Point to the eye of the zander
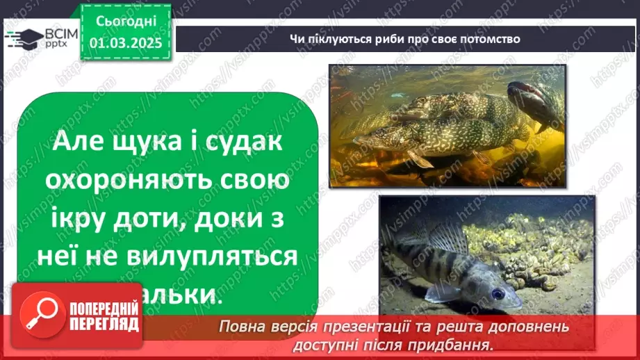(498, 293)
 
